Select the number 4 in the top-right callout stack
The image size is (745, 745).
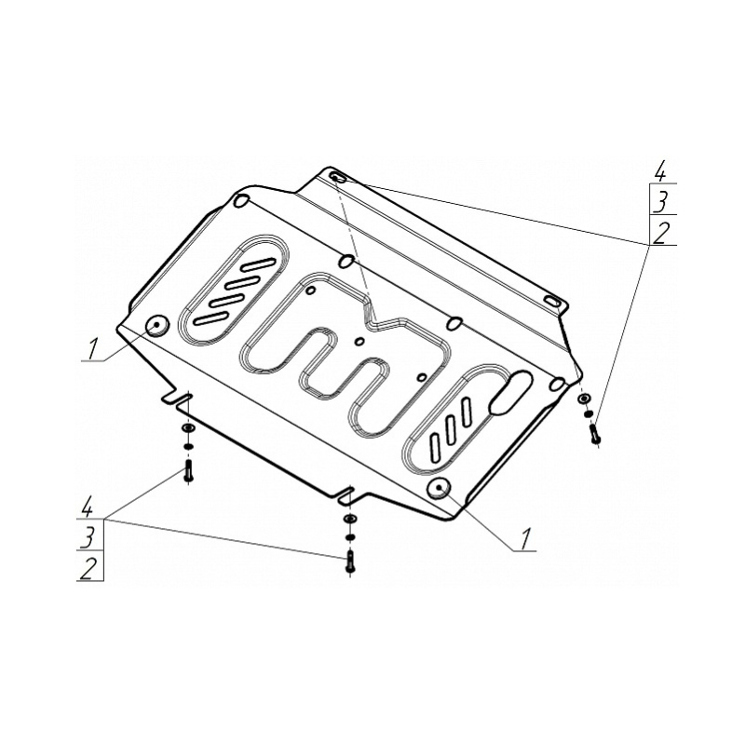(660, 172)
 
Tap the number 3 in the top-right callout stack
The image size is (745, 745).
(661, 203)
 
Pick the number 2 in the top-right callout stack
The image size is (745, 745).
(661, 234)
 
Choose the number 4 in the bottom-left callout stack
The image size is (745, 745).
(87, 508)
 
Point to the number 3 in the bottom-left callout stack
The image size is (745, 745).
(88, 538)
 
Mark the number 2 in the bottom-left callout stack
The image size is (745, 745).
(88, 569)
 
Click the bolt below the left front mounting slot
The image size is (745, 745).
(188, 470)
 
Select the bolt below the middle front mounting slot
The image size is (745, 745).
(350, 561)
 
